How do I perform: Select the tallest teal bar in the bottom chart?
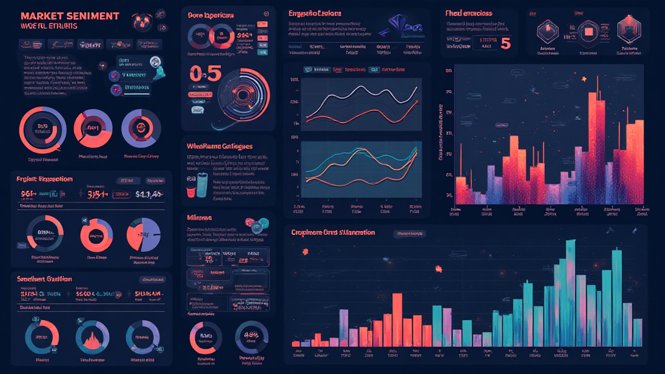point(570,292)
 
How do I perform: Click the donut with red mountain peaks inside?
point(97,335)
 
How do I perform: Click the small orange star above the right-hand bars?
point(584,79)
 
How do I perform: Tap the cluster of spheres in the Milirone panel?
point(260,224)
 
